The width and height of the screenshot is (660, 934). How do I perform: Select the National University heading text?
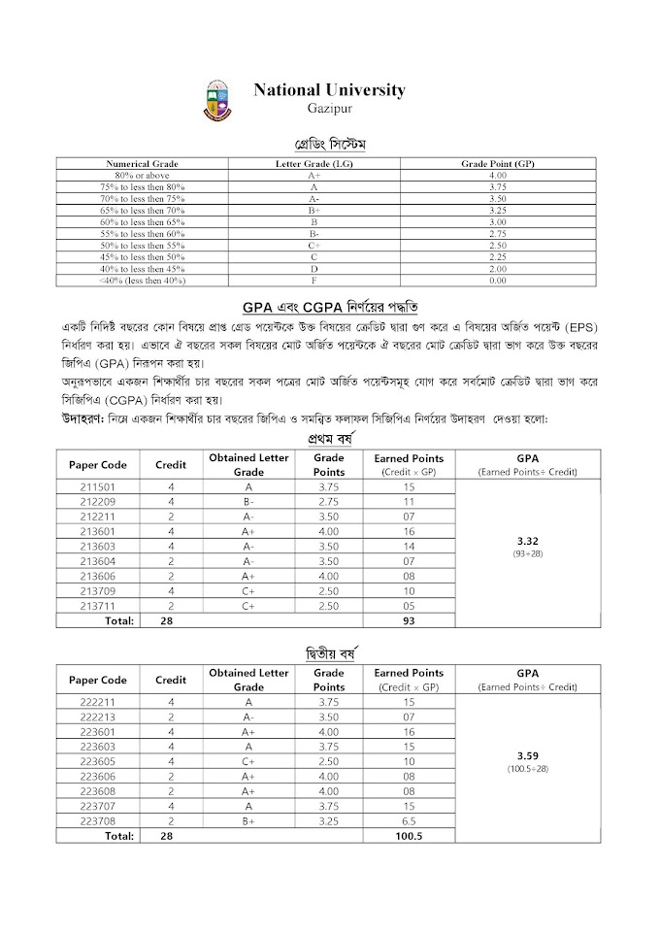tap(329, 89)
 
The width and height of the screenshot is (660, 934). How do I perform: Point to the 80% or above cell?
tap(142, 175)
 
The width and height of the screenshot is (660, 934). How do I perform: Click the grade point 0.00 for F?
tap(497, 280)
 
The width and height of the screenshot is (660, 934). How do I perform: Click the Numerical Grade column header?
tap(142, 164)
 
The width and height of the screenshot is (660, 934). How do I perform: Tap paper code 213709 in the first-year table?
tap(97, 590)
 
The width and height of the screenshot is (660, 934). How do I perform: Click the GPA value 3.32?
tap(528, 541)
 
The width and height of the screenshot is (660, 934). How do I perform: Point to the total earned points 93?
tap(408, 620)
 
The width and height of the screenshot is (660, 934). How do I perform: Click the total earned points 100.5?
tap(408, 834)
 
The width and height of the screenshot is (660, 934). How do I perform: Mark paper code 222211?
tap(97, 701)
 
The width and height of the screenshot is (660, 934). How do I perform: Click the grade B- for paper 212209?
tap(248, 502)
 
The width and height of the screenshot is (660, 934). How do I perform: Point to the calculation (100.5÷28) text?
tap(528, 768)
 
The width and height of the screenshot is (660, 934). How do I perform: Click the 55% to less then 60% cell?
tap(142, 233)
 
